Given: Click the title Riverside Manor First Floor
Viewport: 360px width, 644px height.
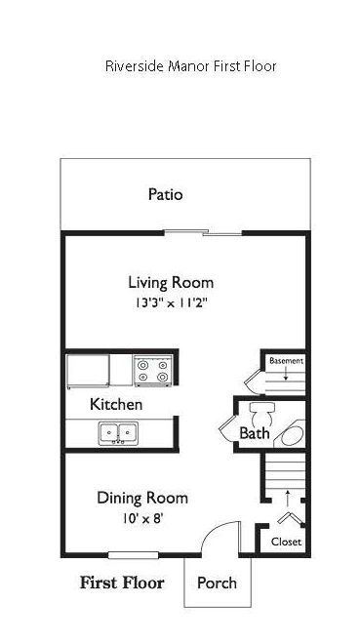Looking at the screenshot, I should tap(191, 66).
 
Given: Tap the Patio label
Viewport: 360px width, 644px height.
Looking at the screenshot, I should tap(165, 194).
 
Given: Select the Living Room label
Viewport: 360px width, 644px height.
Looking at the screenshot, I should tap(171, 283).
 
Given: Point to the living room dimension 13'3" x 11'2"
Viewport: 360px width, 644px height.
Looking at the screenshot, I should tap(171, 302).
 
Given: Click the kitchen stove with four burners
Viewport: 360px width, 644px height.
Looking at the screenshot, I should tap(152, 371).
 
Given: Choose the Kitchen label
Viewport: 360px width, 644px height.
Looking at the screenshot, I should tap(116, 404).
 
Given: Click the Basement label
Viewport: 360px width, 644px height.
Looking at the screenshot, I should tap(286, 361).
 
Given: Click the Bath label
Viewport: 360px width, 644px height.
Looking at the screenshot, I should tap(255, 433).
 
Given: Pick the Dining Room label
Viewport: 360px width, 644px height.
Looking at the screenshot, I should tap(142, 498).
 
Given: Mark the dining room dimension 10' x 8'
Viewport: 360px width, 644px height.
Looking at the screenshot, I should tap(142, 518).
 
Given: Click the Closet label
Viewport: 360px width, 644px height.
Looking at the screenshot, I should tap(286, 542).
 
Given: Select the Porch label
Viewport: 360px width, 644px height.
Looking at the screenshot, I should tap(217, 584).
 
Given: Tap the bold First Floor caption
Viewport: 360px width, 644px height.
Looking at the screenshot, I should tap(121, 584).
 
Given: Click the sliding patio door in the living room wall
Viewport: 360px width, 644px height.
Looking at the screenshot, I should tap(220, 233).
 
